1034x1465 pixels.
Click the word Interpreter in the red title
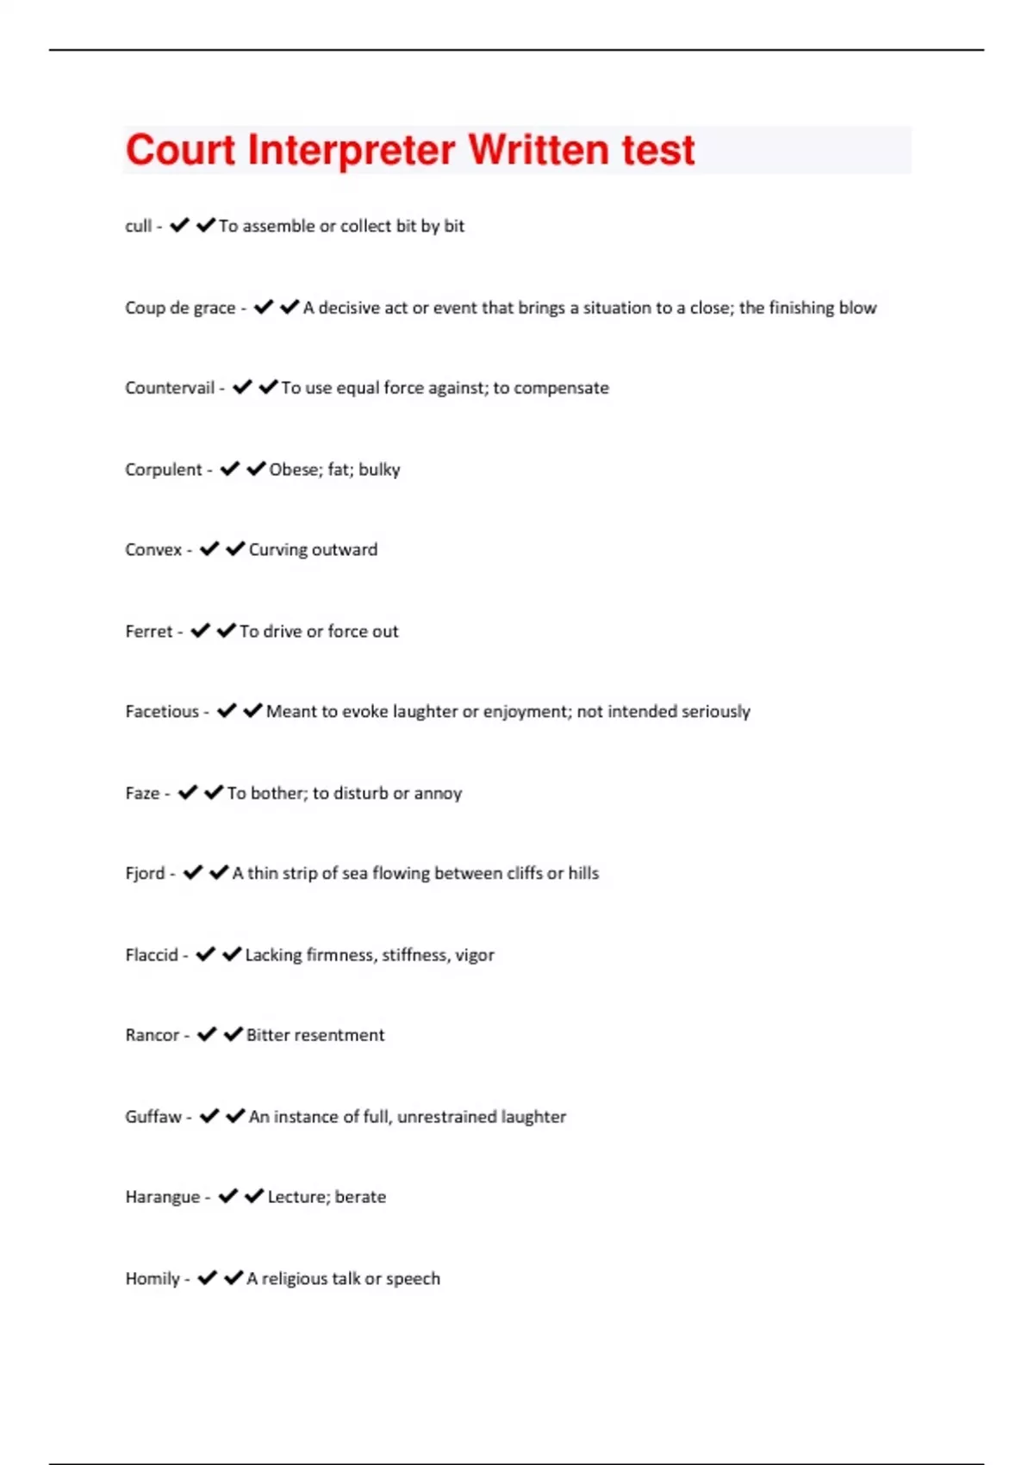coord(351,150)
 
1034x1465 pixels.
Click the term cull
coord(138,226)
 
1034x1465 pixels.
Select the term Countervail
coord(170,388)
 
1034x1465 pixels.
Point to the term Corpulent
coord(164,470)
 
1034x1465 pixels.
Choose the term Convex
coord(153,550)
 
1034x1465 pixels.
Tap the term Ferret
coord(149,632)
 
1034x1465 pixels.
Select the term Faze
coord(142,793)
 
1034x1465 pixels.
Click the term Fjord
coord(145,873)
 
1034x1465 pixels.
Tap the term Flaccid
coord(152,955)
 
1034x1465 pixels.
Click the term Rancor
coord(153,1035)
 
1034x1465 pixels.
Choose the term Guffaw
coord(153,1117)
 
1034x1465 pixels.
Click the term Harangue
coord(163,1197)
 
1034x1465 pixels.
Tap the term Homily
coord(153,1279)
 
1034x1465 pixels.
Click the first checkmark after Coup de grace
coord(264,307)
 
